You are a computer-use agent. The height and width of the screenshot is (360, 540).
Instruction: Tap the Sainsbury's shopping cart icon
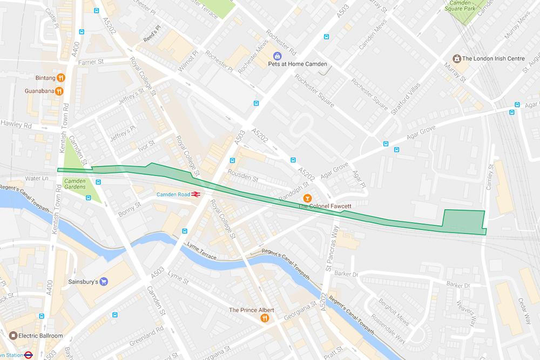coord(105,281)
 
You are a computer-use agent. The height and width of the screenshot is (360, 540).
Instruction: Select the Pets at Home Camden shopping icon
coord(277,56)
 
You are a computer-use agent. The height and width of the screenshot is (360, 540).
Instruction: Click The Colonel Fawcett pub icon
coord(307,198)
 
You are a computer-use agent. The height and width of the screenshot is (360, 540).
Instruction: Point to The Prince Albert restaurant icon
coord(265,318)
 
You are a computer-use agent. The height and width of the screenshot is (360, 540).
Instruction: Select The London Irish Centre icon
coord(456,58)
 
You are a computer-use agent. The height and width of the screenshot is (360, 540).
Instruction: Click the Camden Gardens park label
coord(75,184)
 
